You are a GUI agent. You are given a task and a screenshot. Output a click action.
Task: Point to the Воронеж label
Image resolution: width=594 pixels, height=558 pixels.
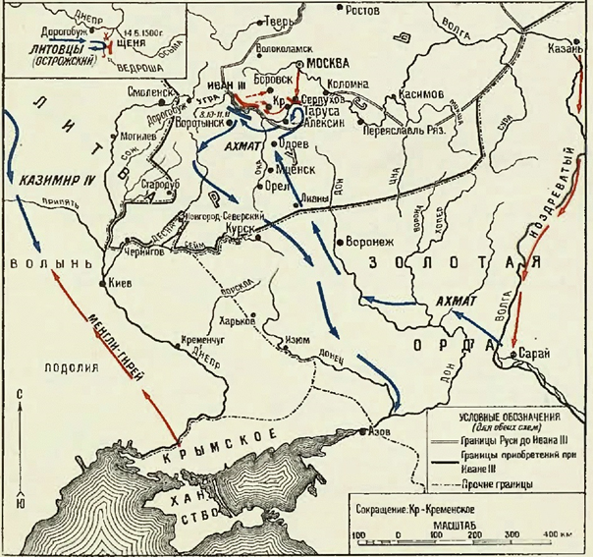369,241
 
